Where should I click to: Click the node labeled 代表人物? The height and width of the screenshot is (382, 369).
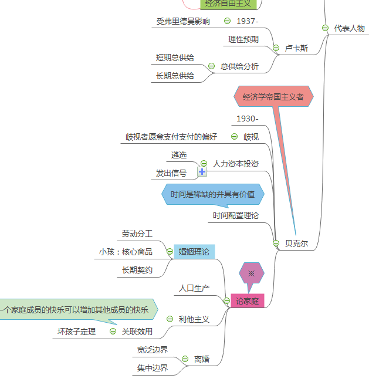coord(349,28)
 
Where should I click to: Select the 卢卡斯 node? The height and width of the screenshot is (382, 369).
coord(296,48)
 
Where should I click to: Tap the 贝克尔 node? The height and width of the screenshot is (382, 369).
coord(296,243)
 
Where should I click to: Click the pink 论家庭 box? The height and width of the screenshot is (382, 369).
coord(247,301)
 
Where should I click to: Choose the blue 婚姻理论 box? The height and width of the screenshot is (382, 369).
coord(194,252)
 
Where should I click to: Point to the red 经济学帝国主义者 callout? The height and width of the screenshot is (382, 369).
coord(273,96)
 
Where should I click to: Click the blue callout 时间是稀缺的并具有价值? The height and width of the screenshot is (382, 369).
coord(212,194)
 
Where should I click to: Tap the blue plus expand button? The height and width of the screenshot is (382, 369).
coord(202,172)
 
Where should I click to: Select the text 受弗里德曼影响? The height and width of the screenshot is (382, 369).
coord(183,21)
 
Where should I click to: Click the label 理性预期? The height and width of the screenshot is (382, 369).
coord(243,40)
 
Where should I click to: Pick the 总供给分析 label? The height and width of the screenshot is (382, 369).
coord(239,66)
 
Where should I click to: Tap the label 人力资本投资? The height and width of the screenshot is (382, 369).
coord(236,164)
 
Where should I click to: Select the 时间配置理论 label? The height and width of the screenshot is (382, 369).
coord(236,216)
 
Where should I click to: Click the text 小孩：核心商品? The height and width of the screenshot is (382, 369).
coord(126,252)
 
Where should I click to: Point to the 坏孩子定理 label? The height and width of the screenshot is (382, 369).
coord(76,332)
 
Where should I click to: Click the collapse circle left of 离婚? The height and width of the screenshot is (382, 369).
coord(185,359)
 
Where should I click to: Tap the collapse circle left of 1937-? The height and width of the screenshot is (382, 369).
coord(227,21)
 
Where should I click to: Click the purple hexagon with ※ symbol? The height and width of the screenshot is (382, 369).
coord(252,273)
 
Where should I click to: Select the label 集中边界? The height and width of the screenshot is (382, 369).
coord(153,368)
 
